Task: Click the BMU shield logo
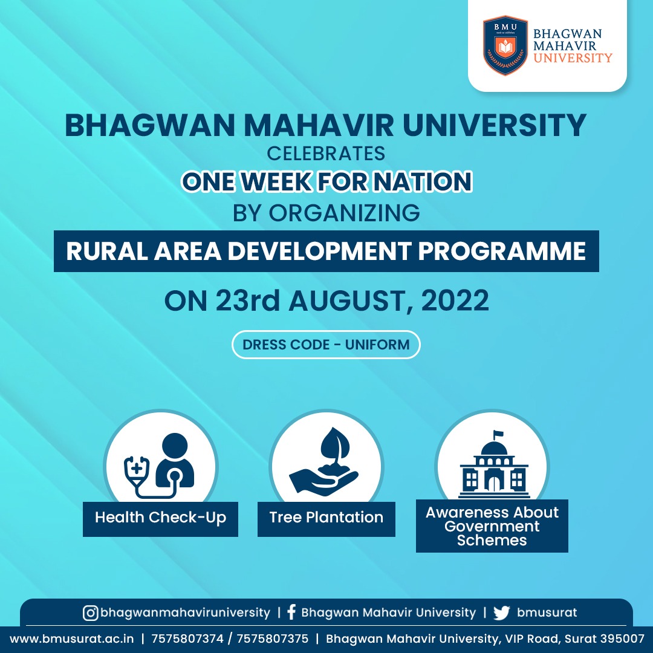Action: point(505,45)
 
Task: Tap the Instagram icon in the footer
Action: point(90,613)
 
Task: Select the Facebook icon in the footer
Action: point(291,612)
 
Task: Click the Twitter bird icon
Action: point(501,613)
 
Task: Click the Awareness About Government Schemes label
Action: point(492,526)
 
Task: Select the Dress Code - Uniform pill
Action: point(326,345)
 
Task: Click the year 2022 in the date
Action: point(455,301)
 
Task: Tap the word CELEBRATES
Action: point(326,154)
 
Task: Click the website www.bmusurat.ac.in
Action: point(71,639)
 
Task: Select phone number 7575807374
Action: point(187,639)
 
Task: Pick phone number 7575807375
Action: point(272,639)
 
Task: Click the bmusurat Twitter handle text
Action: point(547,612)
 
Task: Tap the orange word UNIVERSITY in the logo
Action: point(573,57)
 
